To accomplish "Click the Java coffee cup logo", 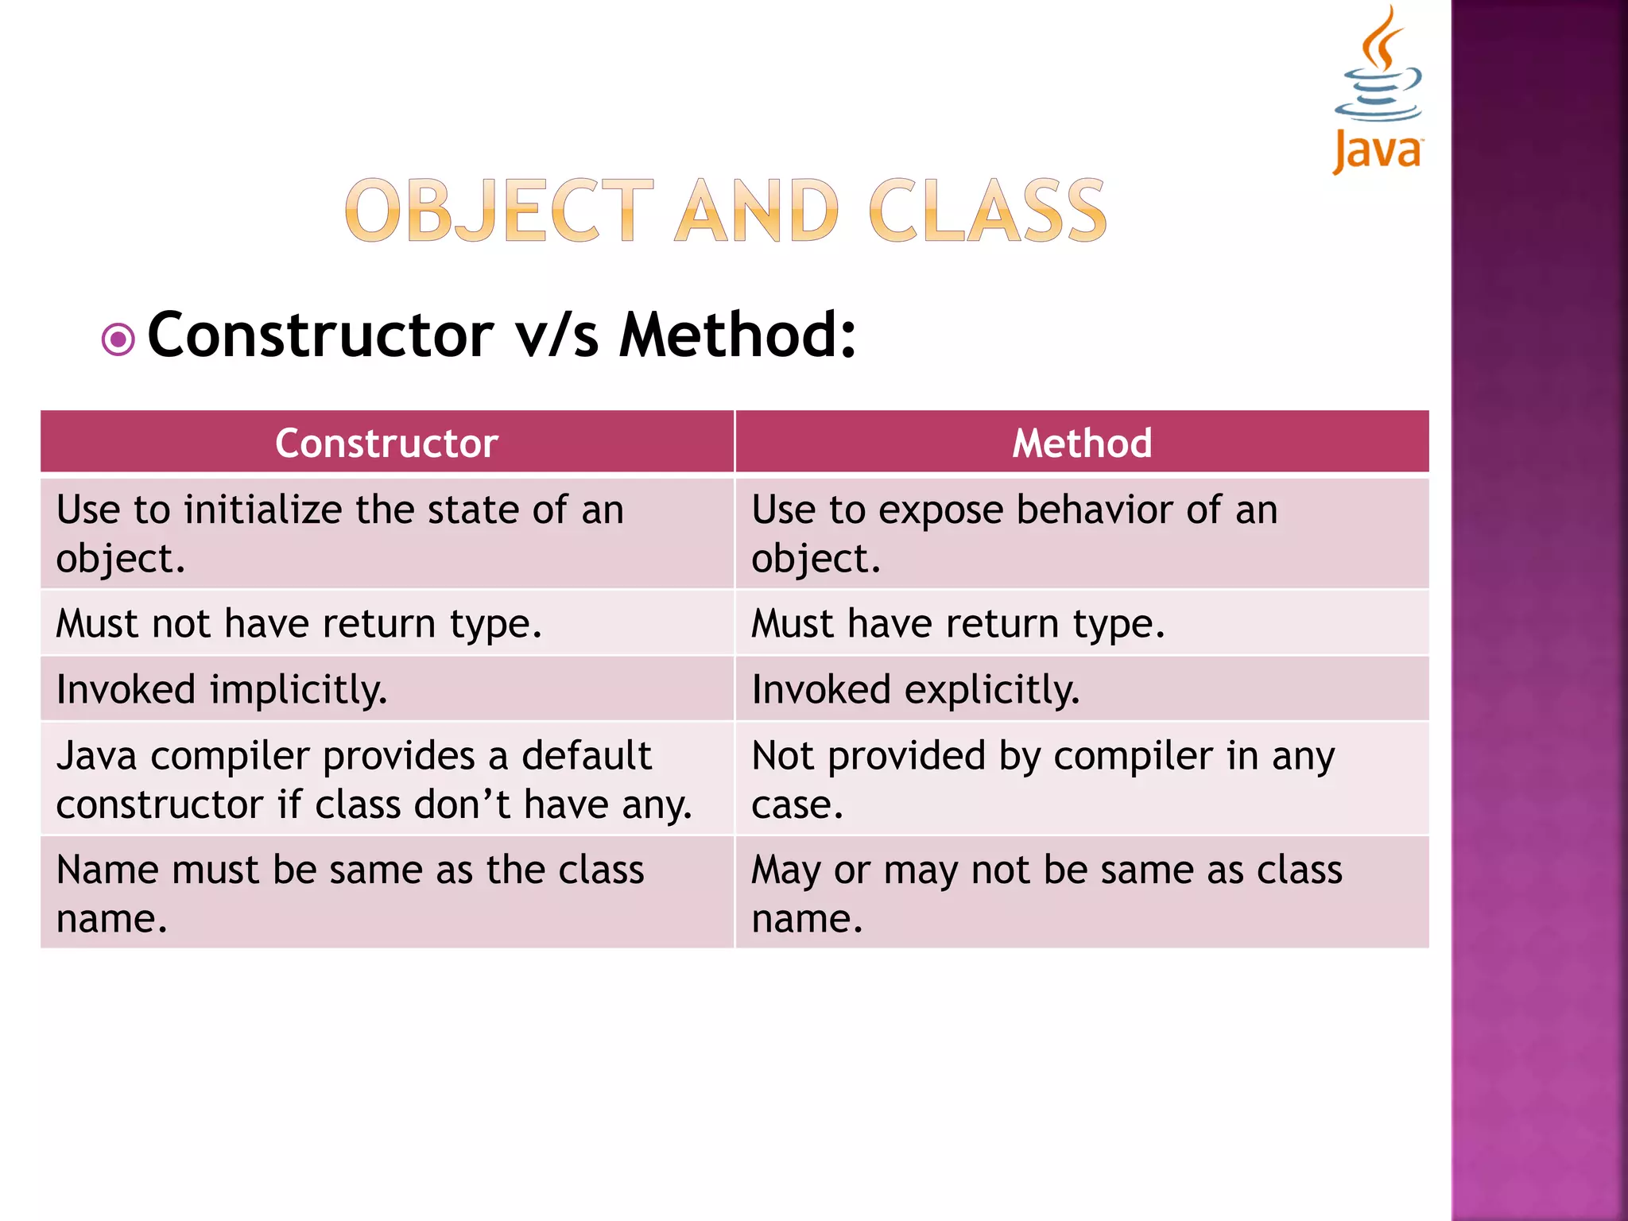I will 1378,89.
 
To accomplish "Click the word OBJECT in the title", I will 499,211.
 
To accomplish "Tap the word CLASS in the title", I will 987,211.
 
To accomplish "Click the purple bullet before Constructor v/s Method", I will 118,340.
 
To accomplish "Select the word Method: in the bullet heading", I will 738,335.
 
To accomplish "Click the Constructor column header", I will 386,443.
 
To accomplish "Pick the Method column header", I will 1082,443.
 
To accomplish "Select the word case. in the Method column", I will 797,804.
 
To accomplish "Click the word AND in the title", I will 757,211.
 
